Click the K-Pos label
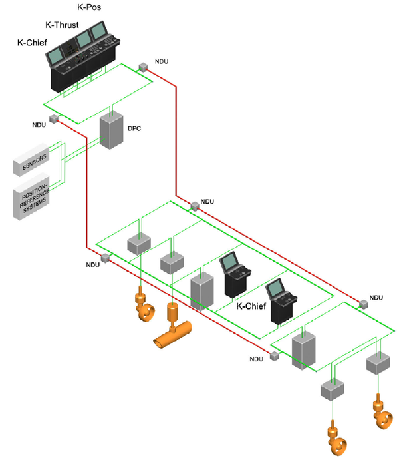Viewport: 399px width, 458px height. coord(89,7)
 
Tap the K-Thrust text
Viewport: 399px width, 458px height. coord(62,25)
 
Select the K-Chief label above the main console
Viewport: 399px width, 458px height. coord(32,43)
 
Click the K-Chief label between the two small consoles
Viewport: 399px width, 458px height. coord(251,306)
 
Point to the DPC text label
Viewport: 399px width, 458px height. coord(134,128)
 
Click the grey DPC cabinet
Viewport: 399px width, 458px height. coord(111,130)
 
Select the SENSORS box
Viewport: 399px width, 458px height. coord(31,160)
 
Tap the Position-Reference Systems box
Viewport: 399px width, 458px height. coord(31,196)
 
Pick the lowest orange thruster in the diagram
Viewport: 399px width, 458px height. coord(337,439)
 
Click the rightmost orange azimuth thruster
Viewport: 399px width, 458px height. coord(382,412)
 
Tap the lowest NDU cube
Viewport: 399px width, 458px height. coord(275,356)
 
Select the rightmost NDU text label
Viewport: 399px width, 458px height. coord(376,298)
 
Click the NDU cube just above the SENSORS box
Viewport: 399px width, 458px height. coord(54,119)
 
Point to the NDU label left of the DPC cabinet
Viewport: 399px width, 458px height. coord(39,125)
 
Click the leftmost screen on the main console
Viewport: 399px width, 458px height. coord(55,56)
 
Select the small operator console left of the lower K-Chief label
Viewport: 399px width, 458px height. coord(235,275)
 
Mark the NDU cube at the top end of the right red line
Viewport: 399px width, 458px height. coord(143,67)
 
